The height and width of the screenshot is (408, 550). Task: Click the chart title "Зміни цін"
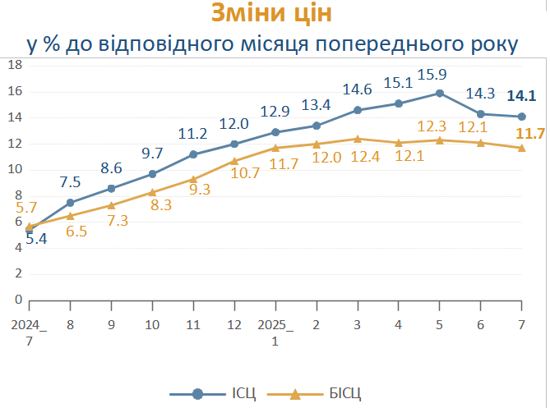click(274, 14)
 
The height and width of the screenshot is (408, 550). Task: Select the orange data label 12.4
click(358, 156)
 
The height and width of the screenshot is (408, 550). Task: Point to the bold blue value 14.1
click(521, 95)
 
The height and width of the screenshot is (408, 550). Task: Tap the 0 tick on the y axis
click(16, 300)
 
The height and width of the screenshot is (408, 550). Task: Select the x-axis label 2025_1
click(275, 332)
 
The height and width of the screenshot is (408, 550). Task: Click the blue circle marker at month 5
click(440, 93)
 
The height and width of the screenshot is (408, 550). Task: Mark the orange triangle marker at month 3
click(358, 139)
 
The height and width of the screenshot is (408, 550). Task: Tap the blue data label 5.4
click(36, 239)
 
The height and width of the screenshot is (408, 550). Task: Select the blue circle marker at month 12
click(234, 144)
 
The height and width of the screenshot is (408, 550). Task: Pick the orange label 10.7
click(245, 173)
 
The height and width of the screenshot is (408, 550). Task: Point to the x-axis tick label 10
click(152, 325)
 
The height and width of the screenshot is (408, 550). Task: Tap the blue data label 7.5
click(71, 182)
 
